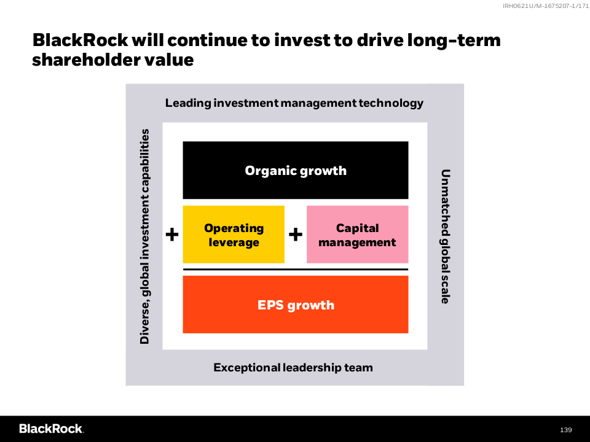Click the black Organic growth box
(x=296, y=170)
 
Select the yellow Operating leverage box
(x=234, y=234)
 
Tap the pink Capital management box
(x=358, y=234)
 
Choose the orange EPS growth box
(x=296, y=304)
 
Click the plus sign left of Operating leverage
(x=172, y=235)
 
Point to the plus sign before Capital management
(x=296, y=235)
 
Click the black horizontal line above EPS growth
(x=296, y=269)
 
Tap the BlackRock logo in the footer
(x=51, y=429)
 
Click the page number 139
(x=566, y=430)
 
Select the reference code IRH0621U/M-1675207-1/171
(x=546, y=6)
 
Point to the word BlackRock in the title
(x=80, y=41)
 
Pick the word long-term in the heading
(x=454, y=41)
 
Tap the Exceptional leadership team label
(x=293, y=367)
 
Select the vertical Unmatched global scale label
(x=446, y=236)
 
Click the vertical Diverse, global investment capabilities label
(x=145, y=236)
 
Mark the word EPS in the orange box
(x=270, y=305)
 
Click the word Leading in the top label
(x=188, y=103)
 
